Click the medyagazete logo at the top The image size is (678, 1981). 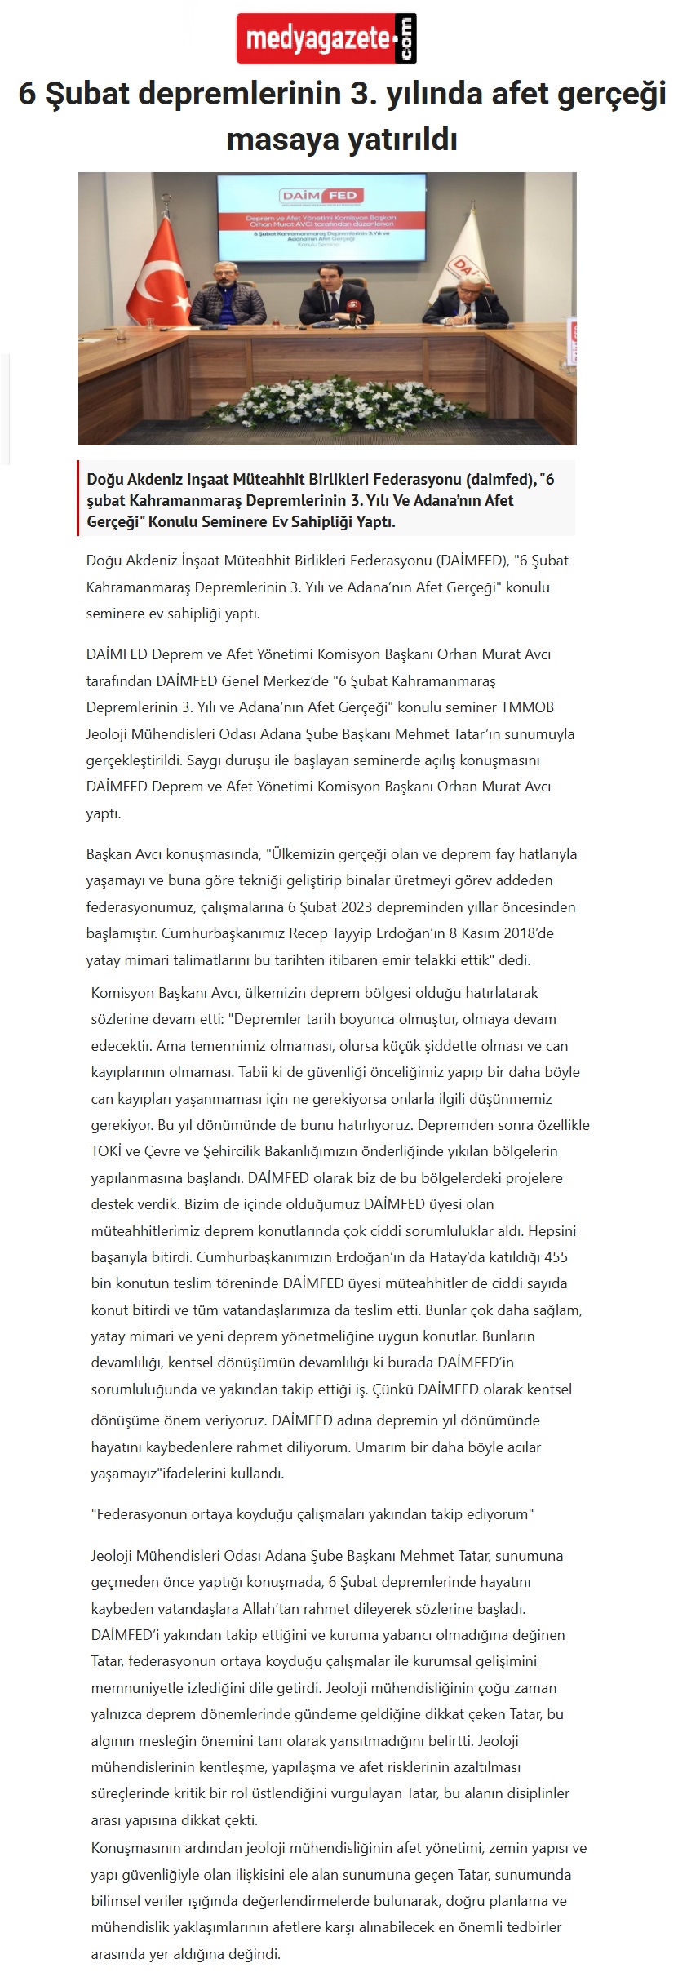[326, 38]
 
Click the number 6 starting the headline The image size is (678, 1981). [27, 95]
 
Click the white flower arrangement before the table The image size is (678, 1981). [326, 405]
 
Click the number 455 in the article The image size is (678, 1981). [556, 1257]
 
